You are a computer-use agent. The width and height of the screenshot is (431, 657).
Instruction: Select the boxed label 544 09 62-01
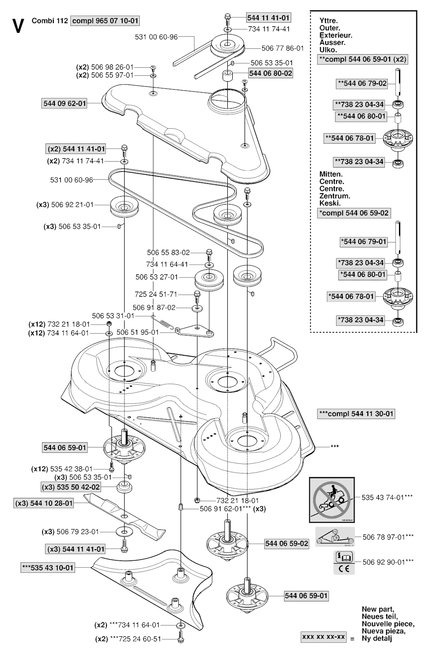pos(65,103)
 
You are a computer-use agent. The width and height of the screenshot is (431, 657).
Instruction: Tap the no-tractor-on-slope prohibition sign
pos(332,497)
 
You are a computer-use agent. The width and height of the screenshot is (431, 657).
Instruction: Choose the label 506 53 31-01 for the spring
pos(113,316)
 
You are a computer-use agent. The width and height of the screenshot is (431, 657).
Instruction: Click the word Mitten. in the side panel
pos(331,174)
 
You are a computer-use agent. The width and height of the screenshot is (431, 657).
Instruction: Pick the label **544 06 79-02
pos(362,83)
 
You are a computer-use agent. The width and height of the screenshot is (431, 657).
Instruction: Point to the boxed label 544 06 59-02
pos(286,544)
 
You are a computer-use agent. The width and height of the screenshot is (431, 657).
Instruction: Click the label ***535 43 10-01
pos(48,568)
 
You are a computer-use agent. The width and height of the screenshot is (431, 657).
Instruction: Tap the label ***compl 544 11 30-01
pos(356,414)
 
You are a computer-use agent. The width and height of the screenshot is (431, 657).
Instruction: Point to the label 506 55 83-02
pos(168,253)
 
